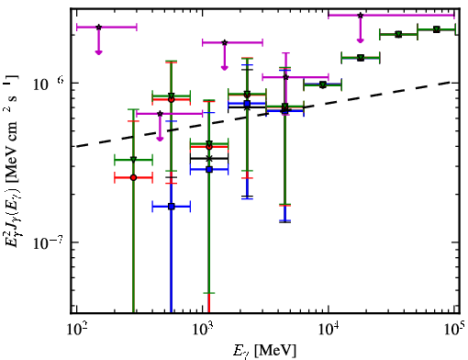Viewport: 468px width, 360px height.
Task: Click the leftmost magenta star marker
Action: point(98,27)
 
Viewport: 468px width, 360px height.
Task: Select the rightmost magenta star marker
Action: point(361,15)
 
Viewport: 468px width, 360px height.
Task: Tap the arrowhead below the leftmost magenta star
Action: point(98,52)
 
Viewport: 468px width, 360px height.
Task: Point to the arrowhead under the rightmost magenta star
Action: point(361,40)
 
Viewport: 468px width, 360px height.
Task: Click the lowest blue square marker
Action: point(172,207)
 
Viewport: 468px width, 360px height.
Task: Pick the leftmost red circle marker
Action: point(133,177)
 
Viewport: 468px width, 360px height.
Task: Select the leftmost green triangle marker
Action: point(133,160)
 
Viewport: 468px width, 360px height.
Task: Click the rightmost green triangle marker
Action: point(437,29)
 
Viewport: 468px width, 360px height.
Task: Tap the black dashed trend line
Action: point(263,115)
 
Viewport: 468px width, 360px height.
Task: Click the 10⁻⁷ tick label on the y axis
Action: point(48,243)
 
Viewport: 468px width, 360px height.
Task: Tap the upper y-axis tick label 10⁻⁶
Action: point(48,84)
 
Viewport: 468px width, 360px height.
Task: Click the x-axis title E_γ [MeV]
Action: point(264,351)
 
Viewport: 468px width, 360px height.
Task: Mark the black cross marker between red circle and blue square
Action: point(209,158)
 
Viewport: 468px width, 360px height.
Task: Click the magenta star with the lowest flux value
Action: point(160,114)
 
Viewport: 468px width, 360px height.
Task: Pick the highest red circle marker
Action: point(172,99)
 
